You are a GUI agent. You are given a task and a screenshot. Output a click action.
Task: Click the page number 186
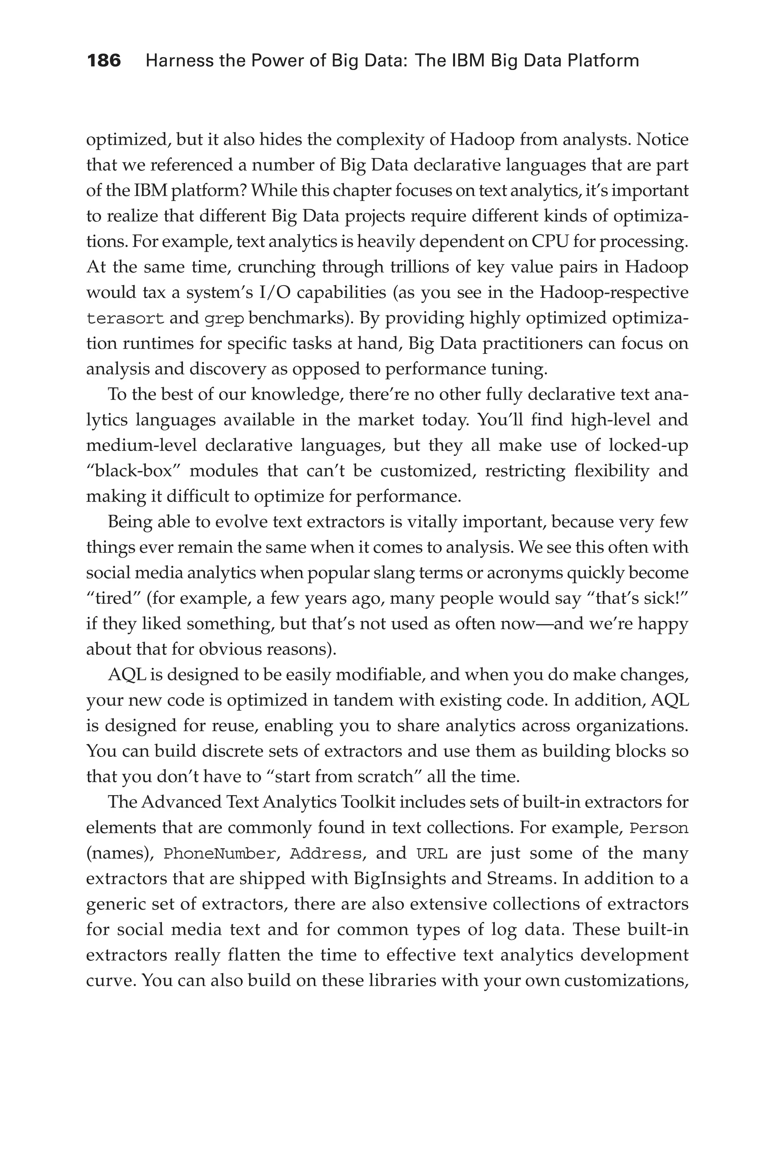pyautogui.click(x=104, y=61)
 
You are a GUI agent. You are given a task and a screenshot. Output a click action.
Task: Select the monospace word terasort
pyautogui.click(x=125, y=318)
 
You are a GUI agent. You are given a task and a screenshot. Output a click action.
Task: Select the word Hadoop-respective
pyautogui.click(x=614, y=293)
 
